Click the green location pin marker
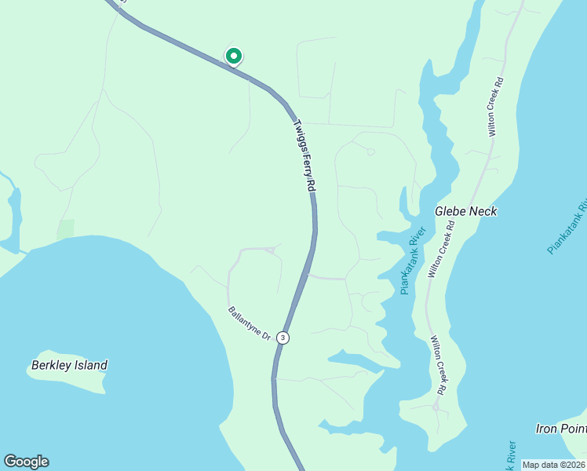click(233, 57)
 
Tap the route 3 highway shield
click(283, 338)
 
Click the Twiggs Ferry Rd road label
click(304, 155)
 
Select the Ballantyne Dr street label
click(250, 323)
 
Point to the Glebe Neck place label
click(466, 211)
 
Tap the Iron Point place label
click(561, 429)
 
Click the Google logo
click(26, 462)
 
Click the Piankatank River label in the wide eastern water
click(567, 224)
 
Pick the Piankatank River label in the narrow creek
click(413, 261)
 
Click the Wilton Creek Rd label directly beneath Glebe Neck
click(441, 249)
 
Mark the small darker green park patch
click(65, 228)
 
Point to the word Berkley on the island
click(52, 365)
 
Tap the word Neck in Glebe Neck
click(483, 211)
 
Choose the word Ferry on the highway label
click(305, 159)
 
